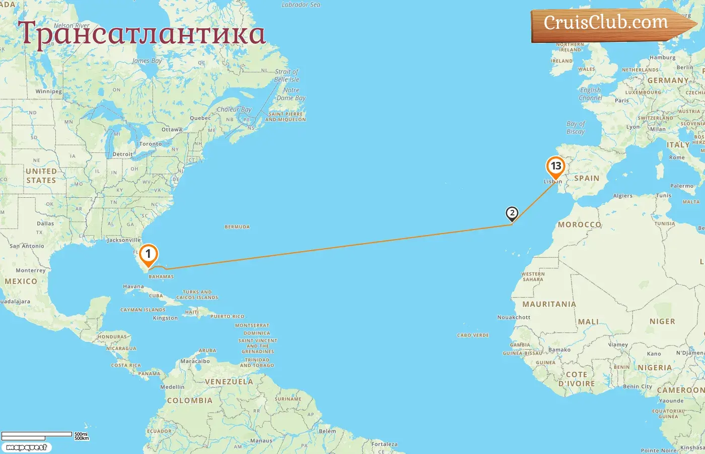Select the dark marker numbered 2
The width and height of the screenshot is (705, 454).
point(512,213)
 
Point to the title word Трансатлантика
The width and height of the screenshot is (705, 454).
point(142,34)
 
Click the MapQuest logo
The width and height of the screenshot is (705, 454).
point(27,447)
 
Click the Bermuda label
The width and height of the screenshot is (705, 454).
point(237,227)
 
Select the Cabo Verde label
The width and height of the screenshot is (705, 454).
point(473,335)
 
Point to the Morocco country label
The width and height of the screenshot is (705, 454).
point(579,224)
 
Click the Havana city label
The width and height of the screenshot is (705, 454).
point(133,287)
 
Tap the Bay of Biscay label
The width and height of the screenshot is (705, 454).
point(576,128)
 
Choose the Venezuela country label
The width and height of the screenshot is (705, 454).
point(229,382)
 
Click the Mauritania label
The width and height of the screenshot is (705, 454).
point(549,304)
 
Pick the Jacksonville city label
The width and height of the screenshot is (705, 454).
point(123,240)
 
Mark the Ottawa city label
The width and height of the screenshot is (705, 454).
point(172,130)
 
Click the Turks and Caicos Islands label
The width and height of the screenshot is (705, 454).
point(197,295)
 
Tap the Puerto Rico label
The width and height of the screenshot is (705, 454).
point(227,316)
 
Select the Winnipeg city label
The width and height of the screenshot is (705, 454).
point(48,92)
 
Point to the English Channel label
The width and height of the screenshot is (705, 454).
point(591,94)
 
